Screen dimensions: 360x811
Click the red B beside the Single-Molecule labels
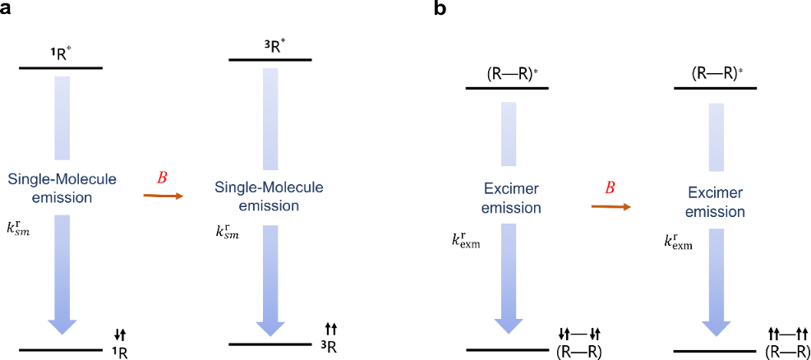pyautogui.click(x=162, y=178)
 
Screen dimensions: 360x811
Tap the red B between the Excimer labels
pyautogui.click(x=610, y=188)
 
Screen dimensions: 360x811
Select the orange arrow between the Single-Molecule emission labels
pyautogui.click(x=164, y=196)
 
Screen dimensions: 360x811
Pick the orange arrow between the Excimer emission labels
pyautogui.click(x=611, y=206)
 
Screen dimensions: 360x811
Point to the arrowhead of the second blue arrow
pyautogui.click(x=270, y=328)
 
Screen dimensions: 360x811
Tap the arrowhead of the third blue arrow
pyautogui.click(x=509, y=325)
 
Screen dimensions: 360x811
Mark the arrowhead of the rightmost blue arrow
pyautogui.click(x=717, y=328)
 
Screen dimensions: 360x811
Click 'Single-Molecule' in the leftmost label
pyautogui.click(x=62, y=179)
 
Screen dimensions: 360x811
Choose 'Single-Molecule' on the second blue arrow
pyautogui.click(x=269, y=187)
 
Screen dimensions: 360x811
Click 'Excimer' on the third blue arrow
pyautogui.click(x=511, y=190)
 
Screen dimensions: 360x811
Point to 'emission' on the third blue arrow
pyautogui.click(x=511, y=208)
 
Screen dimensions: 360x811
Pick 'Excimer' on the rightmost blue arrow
pyautogui.click(x=715, y=193)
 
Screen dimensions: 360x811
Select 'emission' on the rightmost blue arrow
pyautogui.click(x=715, y=211)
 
